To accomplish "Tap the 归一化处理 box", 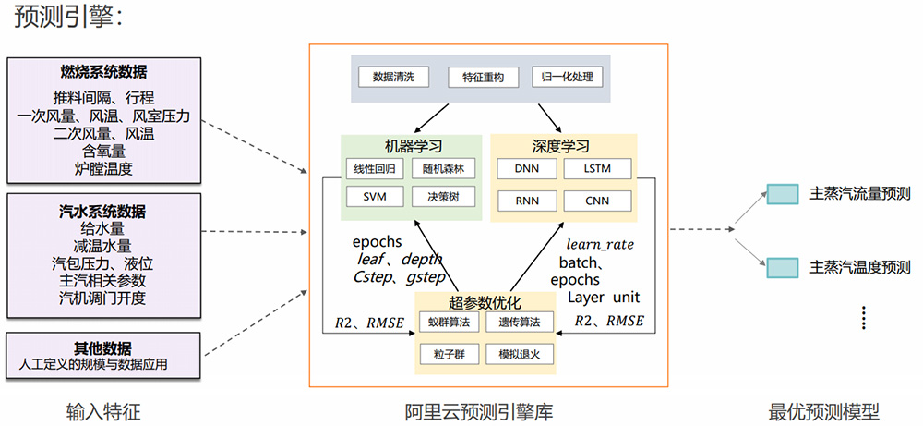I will click(564, 78).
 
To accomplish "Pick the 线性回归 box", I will click(368, 169).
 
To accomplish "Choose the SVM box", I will click(368, 197).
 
